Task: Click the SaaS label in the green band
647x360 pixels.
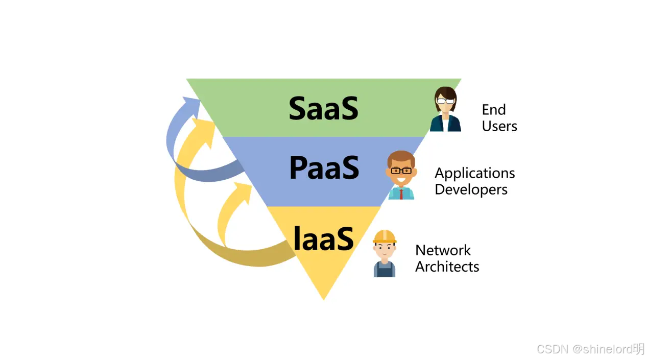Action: click(324, 108)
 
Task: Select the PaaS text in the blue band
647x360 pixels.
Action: click(324, 167)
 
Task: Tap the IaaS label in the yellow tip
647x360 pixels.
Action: click(323, 238)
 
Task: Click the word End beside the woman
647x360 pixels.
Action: click(494, 110)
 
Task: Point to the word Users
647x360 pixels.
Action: click(499, 126)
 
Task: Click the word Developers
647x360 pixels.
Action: click(471, 190)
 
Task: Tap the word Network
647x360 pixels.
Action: click(443, 250)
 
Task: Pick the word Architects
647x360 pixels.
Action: click(447, 267)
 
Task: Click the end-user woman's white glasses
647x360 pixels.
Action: click(445, 101)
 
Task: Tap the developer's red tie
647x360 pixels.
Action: click(401, 194)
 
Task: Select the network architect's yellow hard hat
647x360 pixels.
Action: click(385, 236)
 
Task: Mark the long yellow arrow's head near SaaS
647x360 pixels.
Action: click(206, 131)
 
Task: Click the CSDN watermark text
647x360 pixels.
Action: click(590, 349)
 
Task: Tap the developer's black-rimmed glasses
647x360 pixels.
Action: click(401, 171)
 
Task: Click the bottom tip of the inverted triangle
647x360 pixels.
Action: click(324, 300)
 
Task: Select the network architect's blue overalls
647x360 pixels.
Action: click(385, 269)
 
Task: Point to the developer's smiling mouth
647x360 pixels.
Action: click(401, 180)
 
